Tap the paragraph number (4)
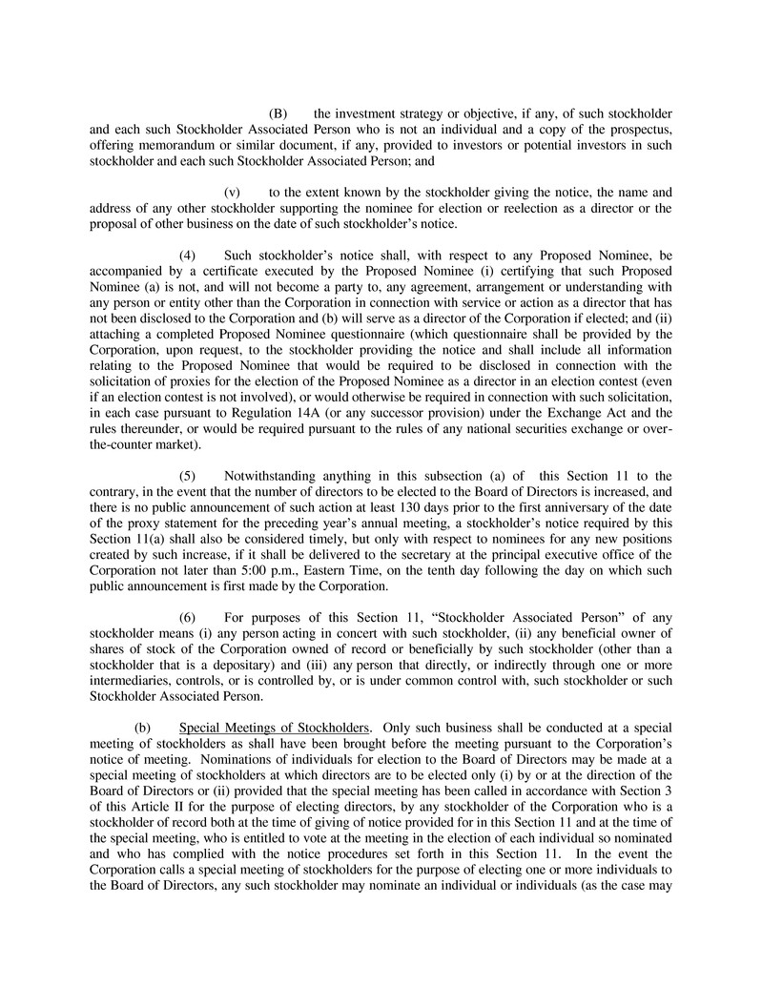[188, 256]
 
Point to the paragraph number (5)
[188, 476]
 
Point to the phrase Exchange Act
[592, 413]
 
